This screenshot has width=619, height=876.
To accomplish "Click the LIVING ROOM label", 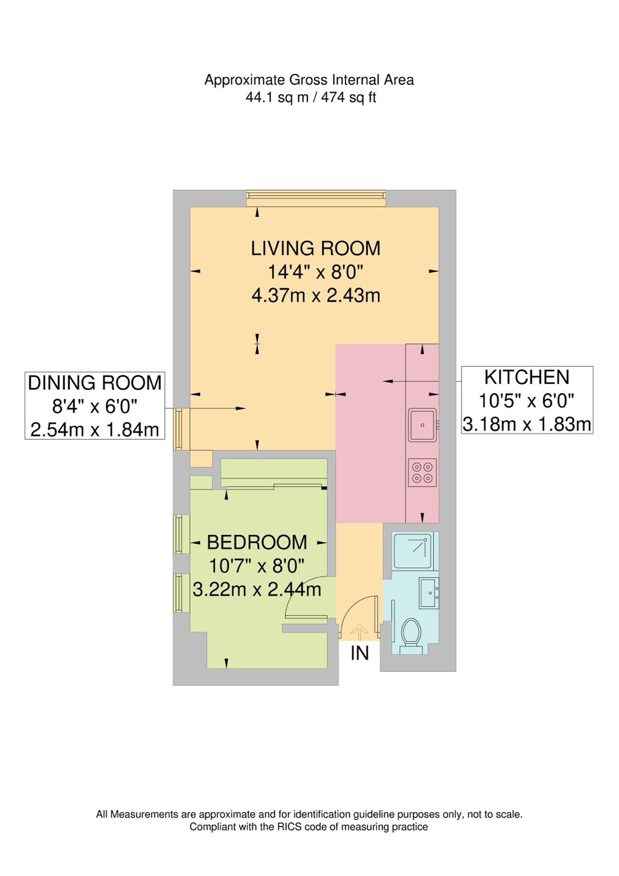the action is (x=316, y=249).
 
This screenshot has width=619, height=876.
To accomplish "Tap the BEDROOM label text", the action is (x=257, y=543).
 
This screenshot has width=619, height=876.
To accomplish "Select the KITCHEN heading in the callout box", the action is (x=527, y=377).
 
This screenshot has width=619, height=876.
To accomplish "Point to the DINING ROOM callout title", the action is (x=95, y=383).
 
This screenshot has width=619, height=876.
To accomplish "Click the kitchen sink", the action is (x=423, y=425).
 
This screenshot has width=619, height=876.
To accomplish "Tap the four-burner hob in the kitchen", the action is (x=423, y=472).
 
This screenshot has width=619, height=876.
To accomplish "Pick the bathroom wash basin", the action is (x=429, y=592).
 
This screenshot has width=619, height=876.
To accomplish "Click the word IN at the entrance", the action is (x=360, y=653).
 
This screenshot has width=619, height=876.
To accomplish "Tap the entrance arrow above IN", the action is (x=359, y=632).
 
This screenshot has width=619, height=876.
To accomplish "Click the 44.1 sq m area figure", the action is (x=277, y=97).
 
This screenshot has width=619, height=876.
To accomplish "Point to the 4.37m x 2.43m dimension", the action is (x=316, y=296).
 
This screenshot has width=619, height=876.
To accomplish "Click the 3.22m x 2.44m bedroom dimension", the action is (x=257, y=589).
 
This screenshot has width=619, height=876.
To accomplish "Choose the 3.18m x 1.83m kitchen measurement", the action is (x=527, y=424).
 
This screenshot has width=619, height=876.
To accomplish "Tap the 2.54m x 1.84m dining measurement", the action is (x=95, y=430).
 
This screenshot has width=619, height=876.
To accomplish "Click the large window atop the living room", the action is (x=316, y=199).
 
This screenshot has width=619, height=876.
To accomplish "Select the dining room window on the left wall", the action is (x=181, y=429).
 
